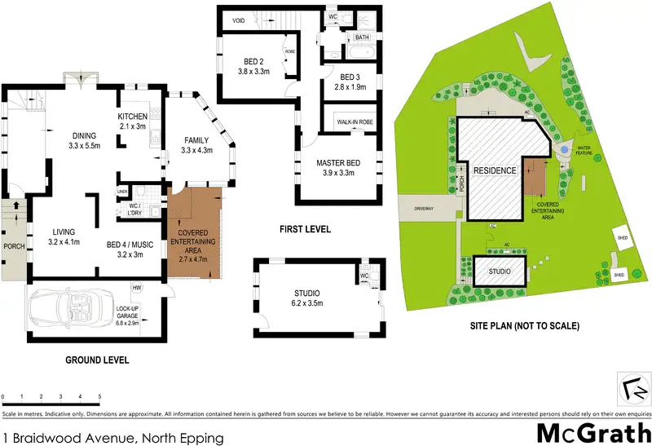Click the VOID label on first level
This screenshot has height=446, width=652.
(x=239, y=20)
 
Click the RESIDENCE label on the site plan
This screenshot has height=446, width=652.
(x=497, y=171)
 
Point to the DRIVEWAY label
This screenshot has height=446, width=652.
(x=424, y=208)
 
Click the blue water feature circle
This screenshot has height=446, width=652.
(x=564, y=151)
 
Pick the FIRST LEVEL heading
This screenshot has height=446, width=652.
(x=306, y=230)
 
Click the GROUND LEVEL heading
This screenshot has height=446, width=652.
(x=98, y=359)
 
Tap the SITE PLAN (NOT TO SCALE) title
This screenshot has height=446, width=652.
(x=526, y=325)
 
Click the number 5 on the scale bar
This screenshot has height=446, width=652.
(x=99, y=397)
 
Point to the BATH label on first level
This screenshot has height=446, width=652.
(x=362, y=37)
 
